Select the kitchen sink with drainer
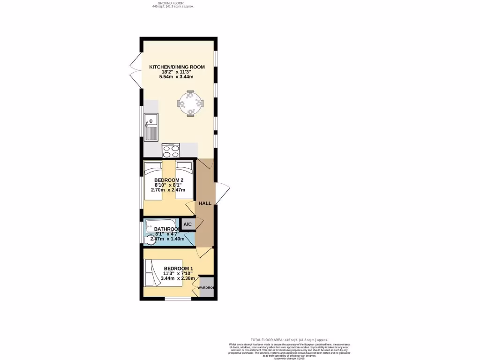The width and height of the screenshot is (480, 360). tap(151, 127)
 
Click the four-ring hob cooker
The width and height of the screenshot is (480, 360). tap(171, 151)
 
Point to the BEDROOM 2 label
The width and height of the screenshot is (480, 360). tap(169, 180)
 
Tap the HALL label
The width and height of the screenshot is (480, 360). tap(205, 203)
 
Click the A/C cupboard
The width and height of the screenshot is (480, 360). tap(187, 225)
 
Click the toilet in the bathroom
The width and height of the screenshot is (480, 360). tap(152, 240)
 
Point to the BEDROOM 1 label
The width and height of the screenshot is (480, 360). tap(178, 268)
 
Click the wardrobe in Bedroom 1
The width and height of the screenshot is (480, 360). tap(206, 287)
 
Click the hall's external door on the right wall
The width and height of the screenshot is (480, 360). tap(222, 192)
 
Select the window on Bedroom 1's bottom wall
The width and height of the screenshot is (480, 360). tap(178, 298)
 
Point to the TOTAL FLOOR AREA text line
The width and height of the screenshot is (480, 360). tap(289, 339)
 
